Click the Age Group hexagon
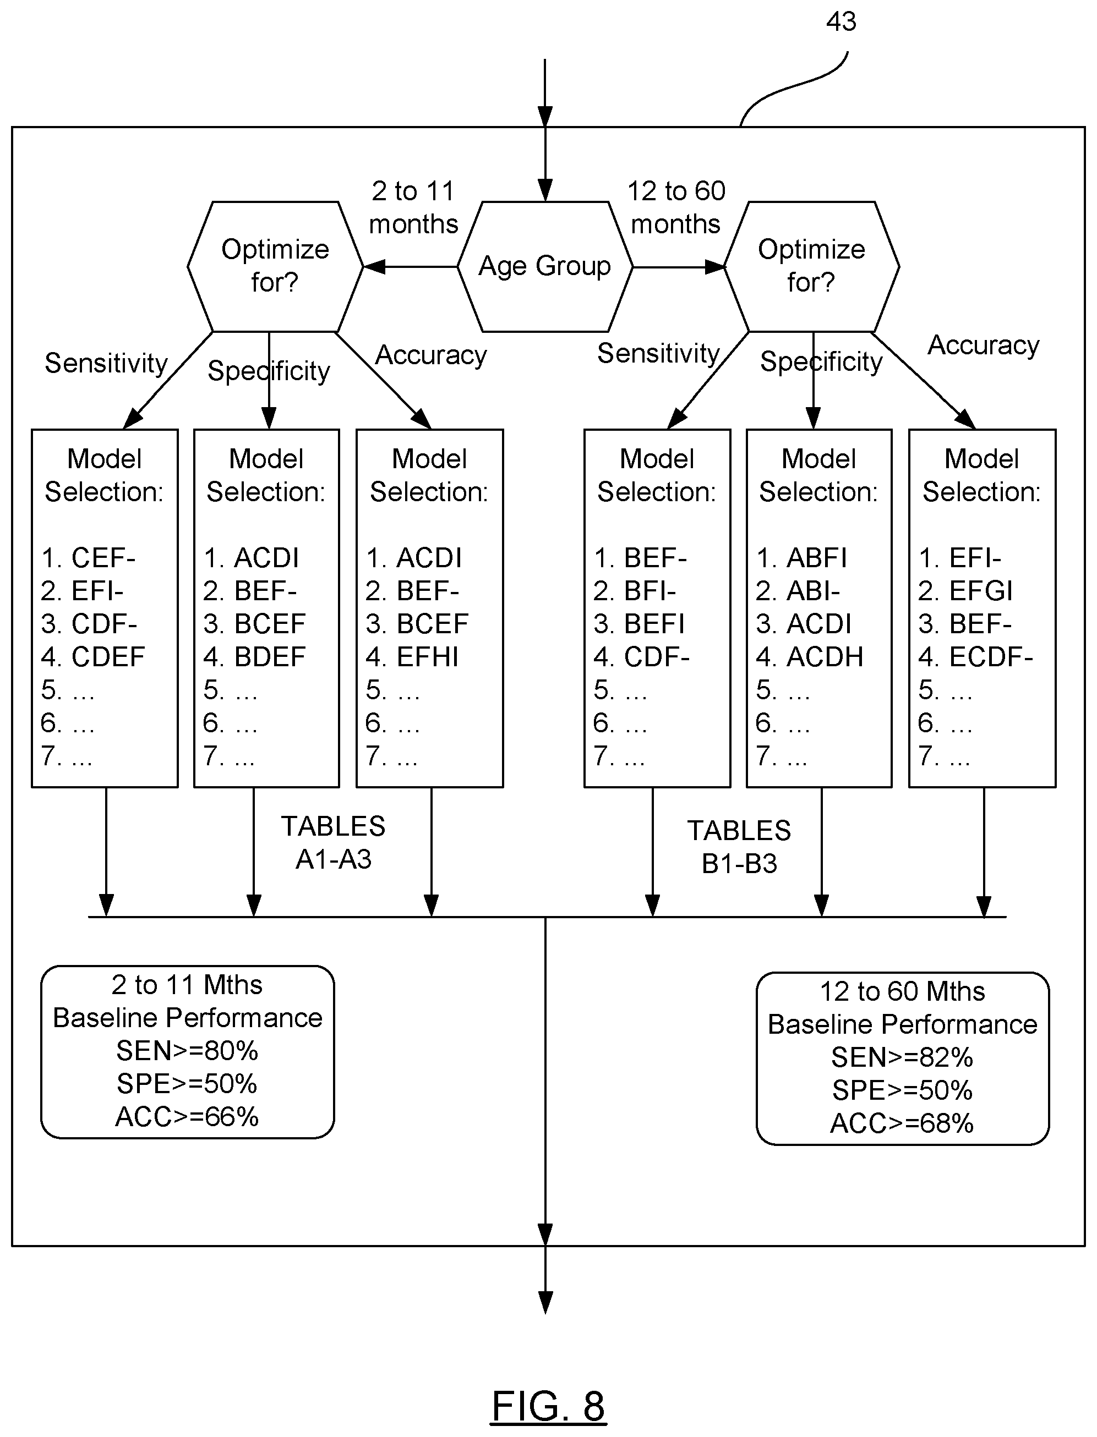(x=545, y=266)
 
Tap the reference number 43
(x=841, y=21)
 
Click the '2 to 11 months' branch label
(x=413, y=207)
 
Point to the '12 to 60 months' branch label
(x=676, y=207)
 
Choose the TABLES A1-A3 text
(x=333, y=842)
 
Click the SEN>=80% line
(x=187, y=1051)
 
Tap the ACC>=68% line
(x=902, y=1123)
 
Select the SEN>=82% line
(x=902, y=1057)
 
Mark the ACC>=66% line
(x=187, y=1117)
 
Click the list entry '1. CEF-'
(x=88, y=558)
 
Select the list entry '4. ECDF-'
(x=975, y=657)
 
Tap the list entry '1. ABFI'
(x=802, y=558)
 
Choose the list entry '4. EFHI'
(x=412, y=657)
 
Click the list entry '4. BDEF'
(x=254, y=657)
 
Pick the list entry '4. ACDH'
(x=810, y=657)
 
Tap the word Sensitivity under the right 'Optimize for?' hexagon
(x=658, y=353)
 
